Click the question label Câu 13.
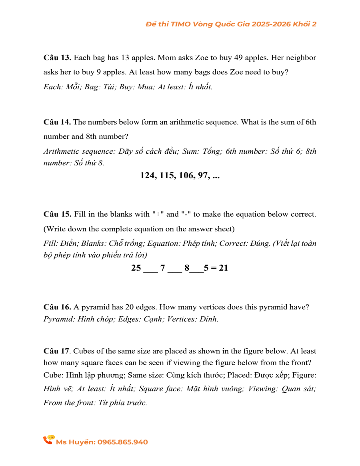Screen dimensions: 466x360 (57, 58)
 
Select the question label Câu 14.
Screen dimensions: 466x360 (57, 122)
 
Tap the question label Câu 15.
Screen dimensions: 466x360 (57, 214)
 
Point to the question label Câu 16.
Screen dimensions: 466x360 (57, 307)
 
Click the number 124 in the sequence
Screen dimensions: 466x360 (148, 175)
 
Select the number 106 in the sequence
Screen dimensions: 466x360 (187, 175)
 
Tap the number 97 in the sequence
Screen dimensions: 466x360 (204, 175)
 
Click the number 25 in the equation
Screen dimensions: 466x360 (136, 268)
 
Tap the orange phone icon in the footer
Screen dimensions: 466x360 (48, 440)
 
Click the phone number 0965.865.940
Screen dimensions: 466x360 (123, 442)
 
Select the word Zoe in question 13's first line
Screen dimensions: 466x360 (201, 58)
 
